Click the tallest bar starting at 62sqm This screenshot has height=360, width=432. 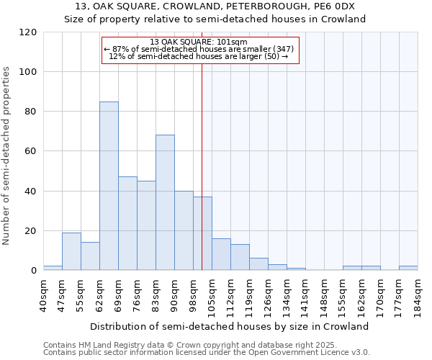pos(109,186)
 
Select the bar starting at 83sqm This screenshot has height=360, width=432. pos(165,202)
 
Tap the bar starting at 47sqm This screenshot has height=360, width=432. pos(71,251)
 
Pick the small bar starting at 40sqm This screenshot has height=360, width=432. pos(53,268)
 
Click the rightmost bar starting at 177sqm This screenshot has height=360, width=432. pos(408,268)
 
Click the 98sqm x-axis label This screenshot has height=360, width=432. pos(193,294)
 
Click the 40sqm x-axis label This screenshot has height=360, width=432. pos(43,294)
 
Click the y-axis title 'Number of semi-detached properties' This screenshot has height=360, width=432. pos(6,156)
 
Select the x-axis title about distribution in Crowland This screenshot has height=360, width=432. pos(230,326)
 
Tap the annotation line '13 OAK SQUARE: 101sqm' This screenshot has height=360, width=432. pos(199,42)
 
